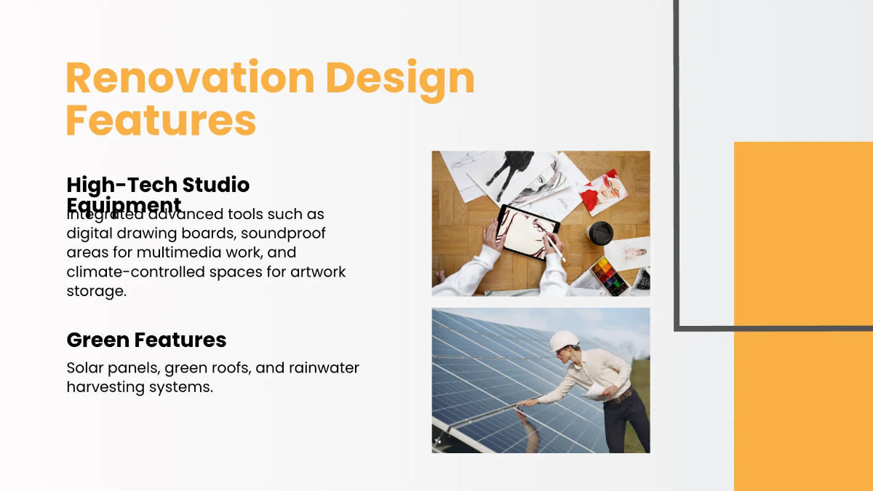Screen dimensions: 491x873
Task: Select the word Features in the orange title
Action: click(161, 120)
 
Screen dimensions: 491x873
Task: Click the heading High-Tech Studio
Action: click(158, 185)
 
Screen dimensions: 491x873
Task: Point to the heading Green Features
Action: click(146, 340)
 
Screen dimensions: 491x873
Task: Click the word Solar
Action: click(84, 367)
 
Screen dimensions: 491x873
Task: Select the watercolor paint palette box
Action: click(609, 276)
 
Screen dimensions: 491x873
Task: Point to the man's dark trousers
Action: click(626, 422)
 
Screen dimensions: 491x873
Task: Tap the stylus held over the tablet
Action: click(557, 247)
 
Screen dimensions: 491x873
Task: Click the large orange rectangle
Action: click(803, 316)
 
